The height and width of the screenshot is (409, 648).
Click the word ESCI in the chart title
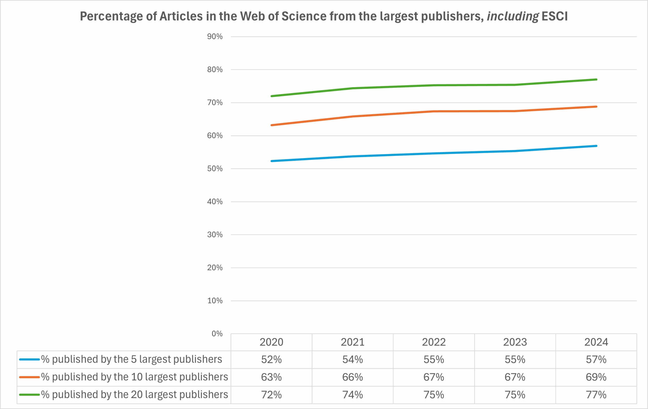pyautogui.click(x=554, y=16)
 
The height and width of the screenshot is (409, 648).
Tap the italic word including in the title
pyautogui.click(x=513, y=16)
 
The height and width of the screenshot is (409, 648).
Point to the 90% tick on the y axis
pyautogui.click(x=215, y=37)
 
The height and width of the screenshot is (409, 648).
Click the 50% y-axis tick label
pyautogui.click(x=215, y=169)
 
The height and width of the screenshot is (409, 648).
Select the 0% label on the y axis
pyautogui.click(x=217, y=334)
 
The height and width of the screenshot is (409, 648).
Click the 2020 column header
pyautogui.click(x=271, y=342)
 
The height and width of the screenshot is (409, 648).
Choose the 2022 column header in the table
pyautogui.click(x=434, y=342)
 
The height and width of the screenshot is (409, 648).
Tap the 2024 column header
pyautogui.click(x=596, y=342)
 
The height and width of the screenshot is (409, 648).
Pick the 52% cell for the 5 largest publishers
pyautogui.click(x=271, y=359)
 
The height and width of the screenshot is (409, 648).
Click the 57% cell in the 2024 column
pyautogui.click(x=596, y=359)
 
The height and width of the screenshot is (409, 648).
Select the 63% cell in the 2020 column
pyautogui.click(x=271, y=377)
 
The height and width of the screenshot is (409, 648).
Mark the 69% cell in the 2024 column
pyautogui.click(x=596, y=377)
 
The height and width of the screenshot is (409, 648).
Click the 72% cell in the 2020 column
pyautogui.click(x=271, y=395)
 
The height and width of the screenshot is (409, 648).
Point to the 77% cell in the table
pyautogui.click(x=596, y=395)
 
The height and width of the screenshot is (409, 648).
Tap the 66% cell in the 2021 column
pyautogui.click(x=353, y=377)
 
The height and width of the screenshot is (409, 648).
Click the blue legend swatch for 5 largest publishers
pyautogui.click(x=29, y=359)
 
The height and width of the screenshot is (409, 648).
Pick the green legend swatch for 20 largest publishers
pyautogui.click(x=29, y=395)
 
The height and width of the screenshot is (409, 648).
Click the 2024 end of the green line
pyautogui.click(x=596, y=80)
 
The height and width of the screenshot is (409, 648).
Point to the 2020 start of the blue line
pyautogui.click(x=272, y=161)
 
